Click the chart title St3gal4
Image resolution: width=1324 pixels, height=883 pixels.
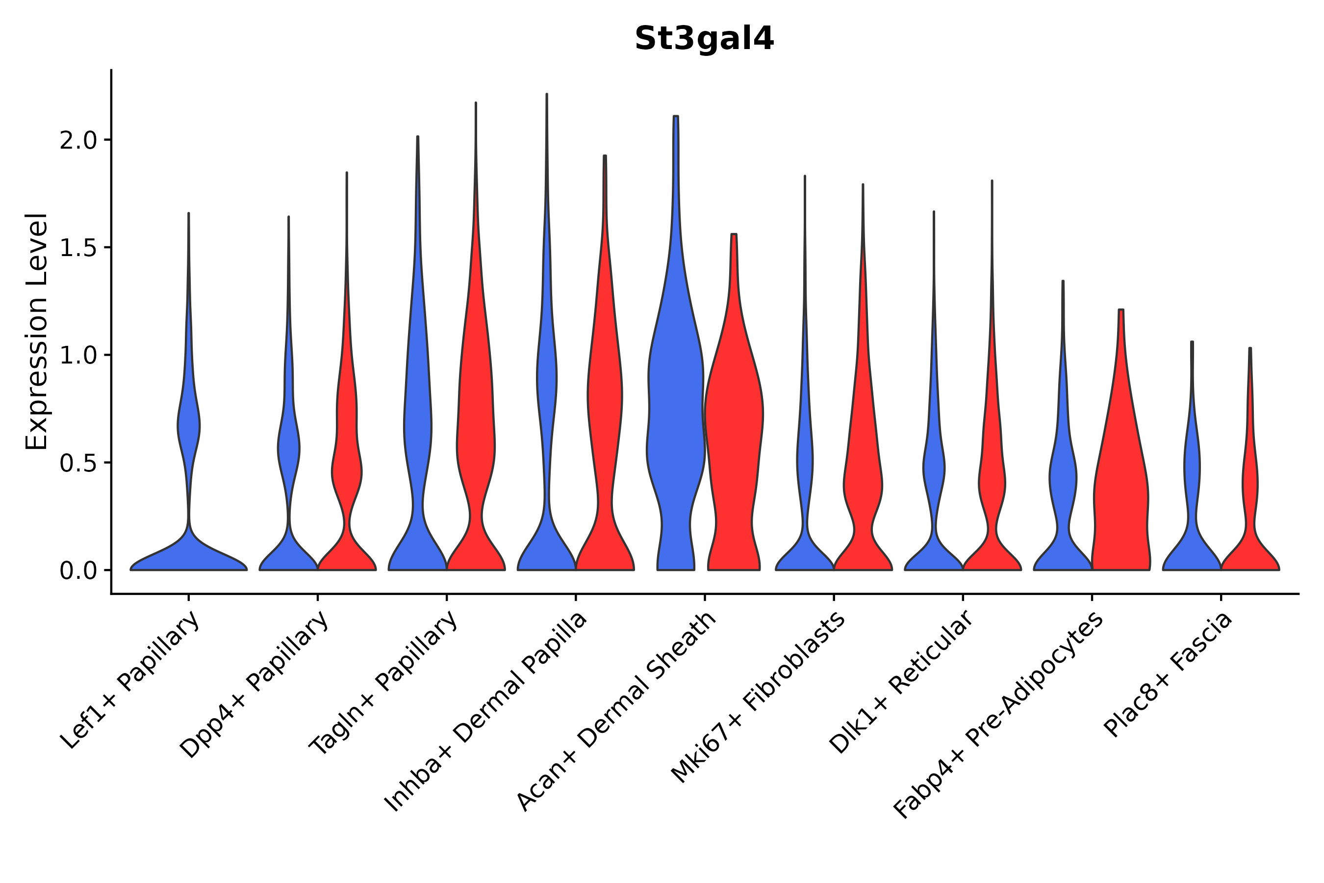click(x=704, y=39)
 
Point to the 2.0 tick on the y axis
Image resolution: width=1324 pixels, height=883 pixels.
click(x=78, y=141)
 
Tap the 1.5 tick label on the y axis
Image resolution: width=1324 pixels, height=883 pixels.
click(x=78, y=248)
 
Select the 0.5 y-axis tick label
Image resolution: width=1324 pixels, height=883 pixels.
click(x=78, y=464)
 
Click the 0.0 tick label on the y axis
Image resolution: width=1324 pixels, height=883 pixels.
click(x=78, y=571)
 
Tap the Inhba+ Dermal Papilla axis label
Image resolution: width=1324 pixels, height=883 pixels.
click(x=486, y=712)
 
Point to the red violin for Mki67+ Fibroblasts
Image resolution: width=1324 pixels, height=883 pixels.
click(x=863, y=479)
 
